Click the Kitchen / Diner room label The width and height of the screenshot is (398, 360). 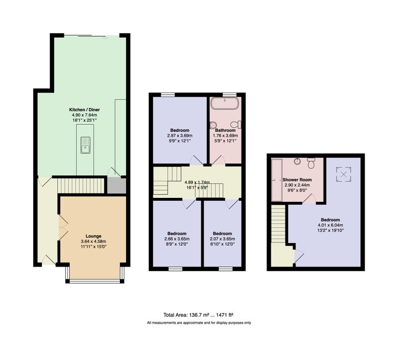point(85,110)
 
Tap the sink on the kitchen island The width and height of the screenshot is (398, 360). point(86,145)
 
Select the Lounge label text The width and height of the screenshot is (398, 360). point(94,236)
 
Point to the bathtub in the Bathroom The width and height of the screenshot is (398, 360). point(225,103)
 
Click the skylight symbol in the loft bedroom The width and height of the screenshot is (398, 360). point(344,175)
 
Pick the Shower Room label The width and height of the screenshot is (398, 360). point(297,180)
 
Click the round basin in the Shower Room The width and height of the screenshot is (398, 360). point(298,161)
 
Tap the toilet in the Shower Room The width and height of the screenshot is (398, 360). point(311,163)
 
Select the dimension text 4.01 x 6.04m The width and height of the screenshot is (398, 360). point(330,225)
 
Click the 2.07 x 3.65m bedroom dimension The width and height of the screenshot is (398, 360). point(222,239)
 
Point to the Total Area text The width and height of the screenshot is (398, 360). point(198,315)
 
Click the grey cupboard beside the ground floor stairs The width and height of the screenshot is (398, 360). point(116,185)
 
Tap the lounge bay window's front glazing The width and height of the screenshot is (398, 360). point(95,281)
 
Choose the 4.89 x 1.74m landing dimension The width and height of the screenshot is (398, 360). point(197,182)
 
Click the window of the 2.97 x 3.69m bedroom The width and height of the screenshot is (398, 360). point(168,95)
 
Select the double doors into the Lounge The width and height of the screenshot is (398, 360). point(63,228)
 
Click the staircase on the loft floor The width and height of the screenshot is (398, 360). point(279,224)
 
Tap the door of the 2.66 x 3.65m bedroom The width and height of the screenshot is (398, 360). point(190,204)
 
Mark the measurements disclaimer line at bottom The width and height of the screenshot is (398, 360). point(199,323)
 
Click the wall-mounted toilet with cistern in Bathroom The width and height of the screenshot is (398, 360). point(236,124)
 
